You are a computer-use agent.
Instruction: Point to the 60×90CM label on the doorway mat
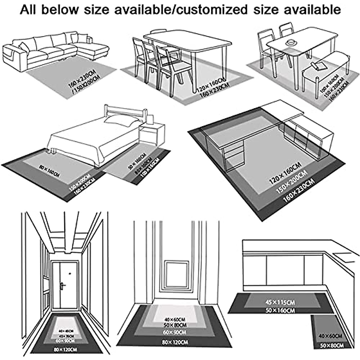tap(175, 332)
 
